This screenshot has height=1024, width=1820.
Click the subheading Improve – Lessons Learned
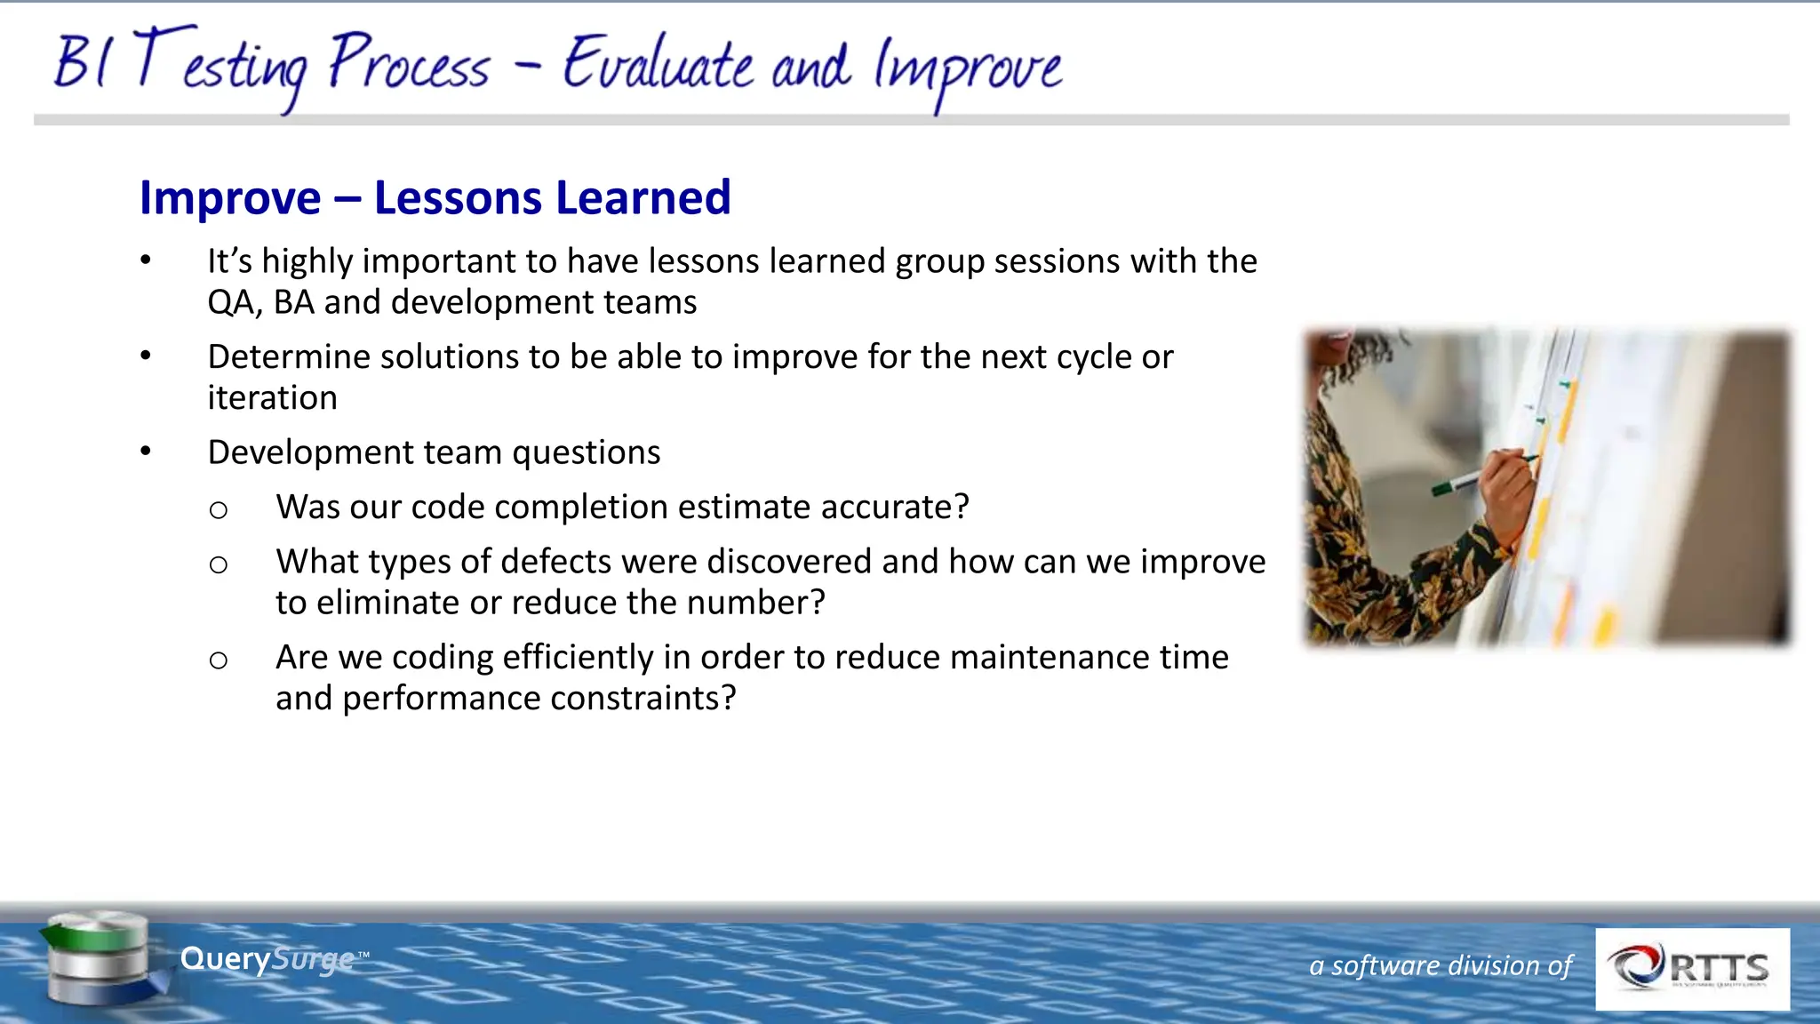point(435,197)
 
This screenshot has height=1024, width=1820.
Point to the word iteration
point(272,398)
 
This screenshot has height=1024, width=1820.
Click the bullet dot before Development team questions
point(146,452)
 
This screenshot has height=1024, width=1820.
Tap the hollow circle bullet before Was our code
point(219,510)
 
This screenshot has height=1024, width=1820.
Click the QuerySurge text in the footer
point(267,959)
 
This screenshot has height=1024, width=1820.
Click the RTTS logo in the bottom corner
point(1692,969)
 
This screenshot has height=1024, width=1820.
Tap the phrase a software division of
point(1440,965)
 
